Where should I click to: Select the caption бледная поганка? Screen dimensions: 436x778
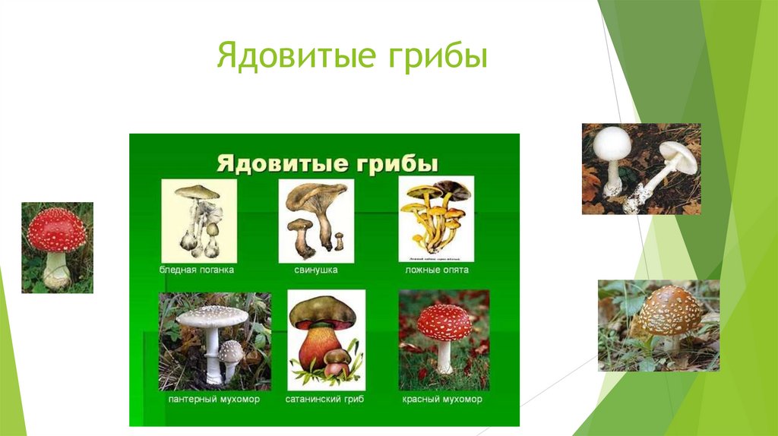[x=196, y=270]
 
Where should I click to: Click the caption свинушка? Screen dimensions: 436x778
[x=316, y=270]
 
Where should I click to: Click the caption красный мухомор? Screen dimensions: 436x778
[x=444, y=399]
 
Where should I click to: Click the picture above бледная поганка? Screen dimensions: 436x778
[x=198, y=220]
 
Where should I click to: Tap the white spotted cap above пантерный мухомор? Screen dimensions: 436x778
[x=212, y=316]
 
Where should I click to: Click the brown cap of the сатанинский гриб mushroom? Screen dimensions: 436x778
[x=322, y=310]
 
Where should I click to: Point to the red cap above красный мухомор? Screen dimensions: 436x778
[x=444, y=322]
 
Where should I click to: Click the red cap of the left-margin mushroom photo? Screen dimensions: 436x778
[x=56, y=229]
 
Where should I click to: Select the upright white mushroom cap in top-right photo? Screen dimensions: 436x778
[x=613, y=143]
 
